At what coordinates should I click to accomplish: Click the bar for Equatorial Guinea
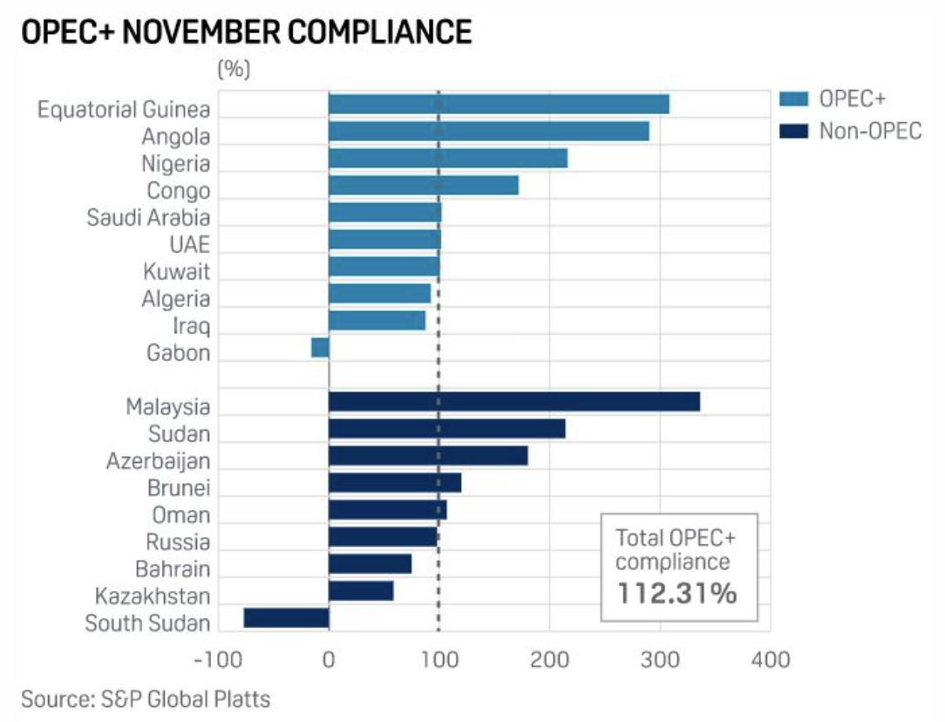[x=499, y=104]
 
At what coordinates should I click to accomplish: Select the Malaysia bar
[x=514, y=402]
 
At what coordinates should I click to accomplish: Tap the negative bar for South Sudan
[x=286, y=618]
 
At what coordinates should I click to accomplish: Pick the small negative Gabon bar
[x=320, y=347]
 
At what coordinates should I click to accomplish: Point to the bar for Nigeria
[x=448, y=158]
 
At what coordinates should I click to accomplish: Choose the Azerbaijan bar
[x=428, y=456]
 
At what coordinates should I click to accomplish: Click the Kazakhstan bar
[x=361, y=591]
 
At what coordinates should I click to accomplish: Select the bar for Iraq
[x=377, y=320]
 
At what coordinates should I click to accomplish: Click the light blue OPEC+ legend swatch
[x=793, y=99]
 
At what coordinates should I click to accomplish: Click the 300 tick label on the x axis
[x=659, y=659]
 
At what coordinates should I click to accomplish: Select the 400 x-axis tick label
[x=770, y=659]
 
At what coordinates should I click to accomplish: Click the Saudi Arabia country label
[x=148, y=217]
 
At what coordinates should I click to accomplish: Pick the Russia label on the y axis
[x=178, y=542]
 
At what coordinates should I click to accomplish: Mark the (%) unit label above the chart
[x=233, y=70]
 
